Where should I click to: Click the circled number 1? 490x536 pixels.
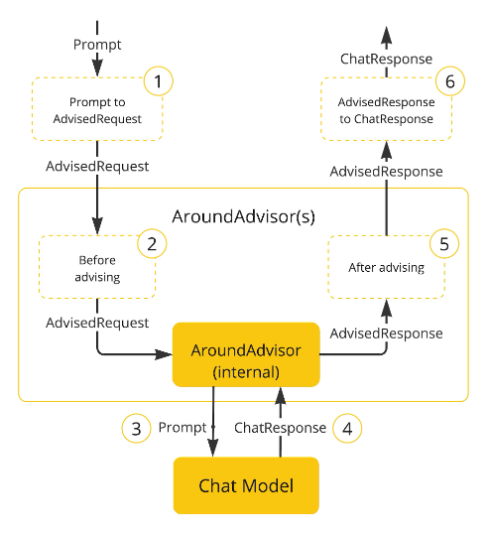tap(158, 81)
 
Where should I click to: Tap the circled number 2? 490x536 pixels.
tap(152, 243)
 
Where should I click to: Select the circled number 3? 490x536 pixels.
tap(136, 429)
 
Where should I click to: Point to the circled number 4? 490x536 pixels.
tap(347, 429)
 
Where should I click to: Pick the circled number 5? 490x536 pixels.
tap(443, 243)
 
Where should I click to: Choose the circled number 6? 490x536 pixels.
tap(450, 81)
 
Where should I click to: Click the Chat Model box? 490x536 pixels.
tap(246, 485)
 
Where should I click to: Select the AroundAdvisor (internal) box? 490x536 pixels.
tap(246, 354)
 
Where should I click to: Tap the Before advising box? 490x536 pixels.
tap(97, 267)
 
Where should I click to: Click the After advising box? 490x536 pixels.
tap(387, 267)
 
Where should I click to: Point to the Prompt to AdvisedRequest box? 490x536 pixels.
tap(97, 109)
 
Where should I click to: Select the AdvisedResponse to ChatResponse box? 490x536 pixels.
tap(387, 109)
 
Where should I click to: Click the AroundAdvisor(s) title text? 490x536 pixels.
tap(243, 216)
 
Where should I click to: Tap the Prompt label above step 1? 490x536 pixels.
tap(97, 45)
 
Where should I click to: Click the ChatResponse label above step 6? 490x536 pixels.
tap(387, 59)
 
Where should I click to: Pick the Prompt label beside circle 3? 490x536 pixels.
tap(183, 428)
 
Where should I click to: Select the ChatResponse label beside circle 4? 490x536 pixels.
tap(280, 428)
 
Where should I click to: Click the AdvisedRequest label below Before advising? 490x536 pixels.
tap(97, 323)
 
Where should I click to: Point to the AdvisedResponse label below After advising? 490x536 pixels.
tap(387, 334)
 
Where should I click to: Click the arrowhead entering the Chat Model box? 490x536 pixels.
tap(213, 449)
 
